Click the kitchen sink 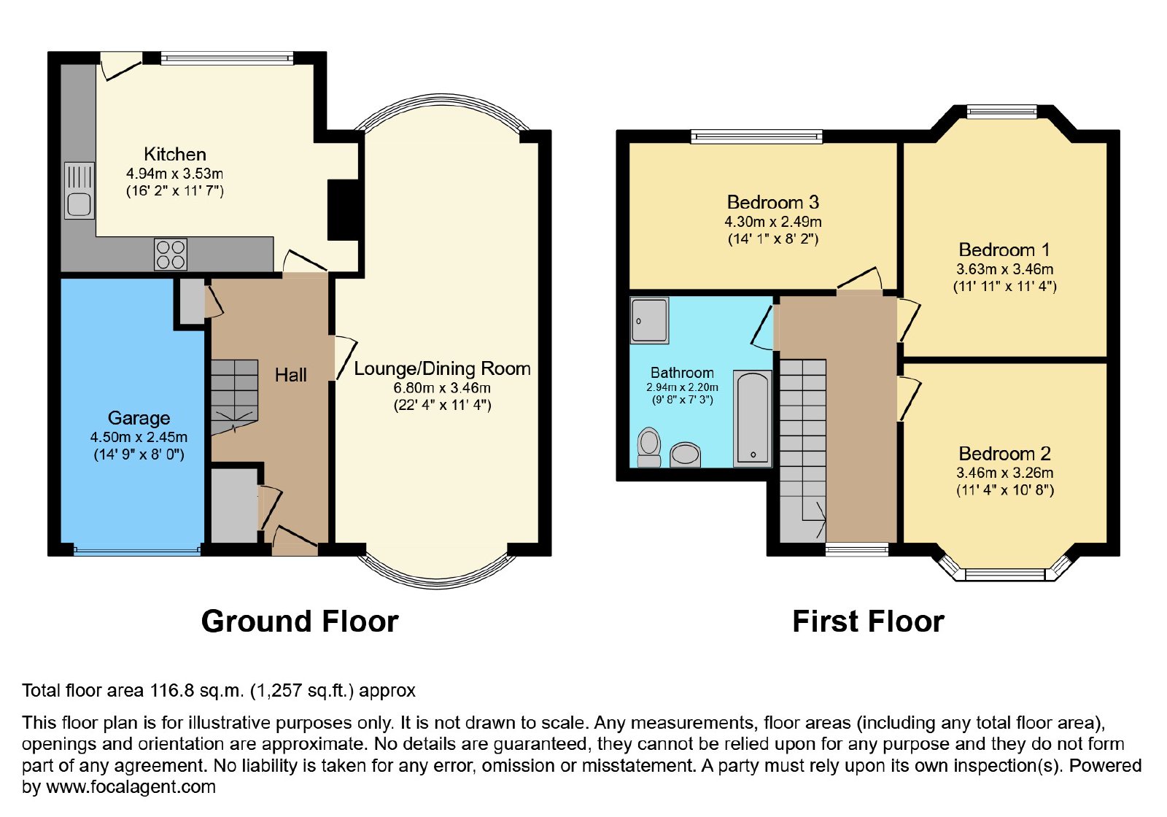[80, 190]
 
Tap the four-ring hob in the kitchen [171, 255]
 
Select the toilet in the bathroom [649, 448]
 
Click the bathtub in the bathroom [752, 419]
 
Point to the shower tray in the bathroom [649, 320]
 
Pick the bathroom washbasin [685, 455]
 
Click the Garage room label [139, 418]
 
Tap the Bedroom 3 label [773, 202]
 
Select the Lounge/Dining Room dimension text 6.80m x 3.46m [442, 387]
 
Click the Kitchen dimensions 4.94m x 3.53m [174, 174]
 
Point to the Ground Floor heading [300, 622]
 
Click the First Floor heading [869, 622]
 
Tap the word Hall [291, 375]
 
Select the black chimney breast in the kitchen [343, 210]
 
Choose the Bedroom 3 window [756, 136]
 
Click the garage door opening [137, 550]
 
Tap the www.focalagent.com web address [131, 787]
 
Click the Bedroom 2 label [1005, 454]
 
